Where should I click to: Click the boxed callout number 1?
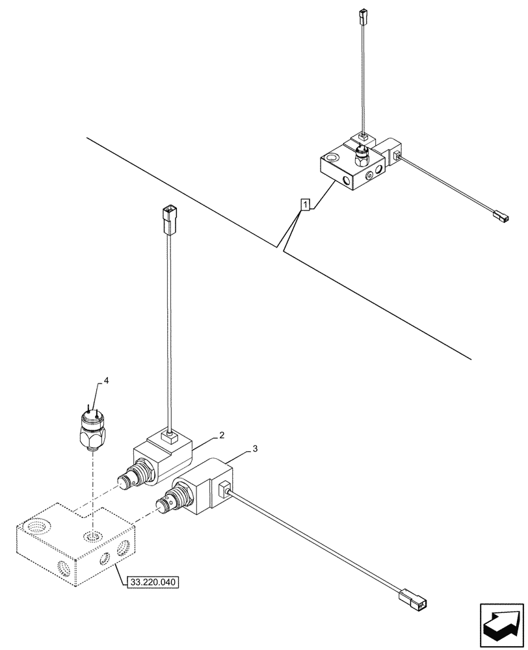(304, 205)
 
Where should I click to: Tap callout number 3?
(256, 449)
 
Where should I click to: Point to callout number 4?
(99, 382)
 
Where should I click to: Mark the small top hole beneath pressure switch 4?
(92, 536)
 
